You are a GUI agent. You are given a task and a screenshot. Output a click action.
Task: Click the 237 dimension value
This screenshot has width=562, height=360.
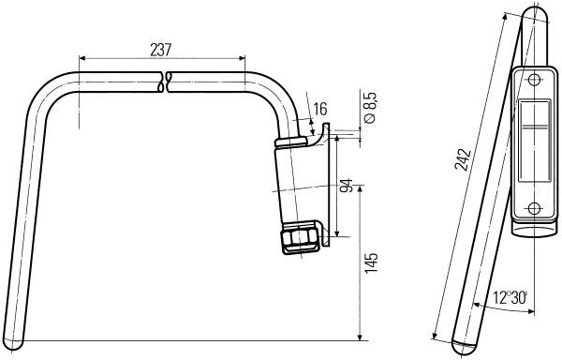point(161,50)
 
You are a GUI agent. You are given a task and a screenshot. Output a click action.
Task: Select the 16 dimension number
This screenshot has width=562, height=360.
point(320,109)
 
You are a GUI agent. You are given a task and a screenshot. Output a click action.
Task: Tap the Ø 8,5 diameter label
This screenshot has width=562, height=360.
point(370,108)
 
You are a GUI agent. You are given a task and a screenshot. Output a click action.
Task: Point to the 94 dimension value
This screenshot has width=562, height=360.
point(347,186)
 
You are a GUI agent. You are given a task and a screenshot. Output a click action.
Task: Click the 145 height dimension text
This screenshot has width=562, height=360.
point(371,263)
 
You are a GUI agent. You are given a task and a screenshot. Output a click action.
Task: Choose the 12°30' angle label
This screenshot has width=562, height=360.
point(510,297)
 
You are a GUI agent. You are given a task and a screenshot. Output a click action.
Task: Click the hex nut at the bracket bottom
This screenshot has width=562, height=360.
point(300,238)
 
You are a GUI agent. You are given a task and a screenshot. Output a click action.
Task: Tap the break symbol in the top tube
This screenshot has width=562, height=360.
point(165,82)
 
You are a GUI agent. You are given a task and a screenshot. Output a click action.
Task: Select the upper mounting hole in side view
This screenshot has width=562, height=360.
point(534,80)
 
